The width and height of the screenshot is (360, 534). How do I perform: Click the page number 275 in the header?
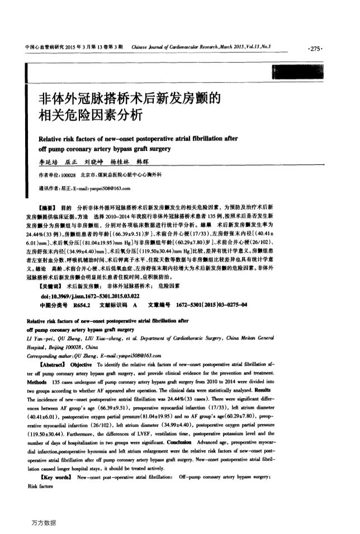pyautogui.click(x=315, y=49)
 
